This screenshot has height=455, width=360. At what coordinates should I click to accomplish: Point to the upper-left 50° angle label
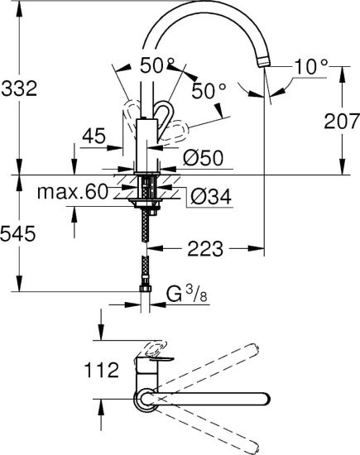(x=156, y=66)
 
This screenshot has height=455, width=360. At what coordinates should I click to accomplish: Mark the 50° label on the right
(x=208, y=90)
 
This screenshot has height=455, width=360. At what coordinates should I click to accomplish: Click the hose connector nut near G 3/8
(x=147, y=288)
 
